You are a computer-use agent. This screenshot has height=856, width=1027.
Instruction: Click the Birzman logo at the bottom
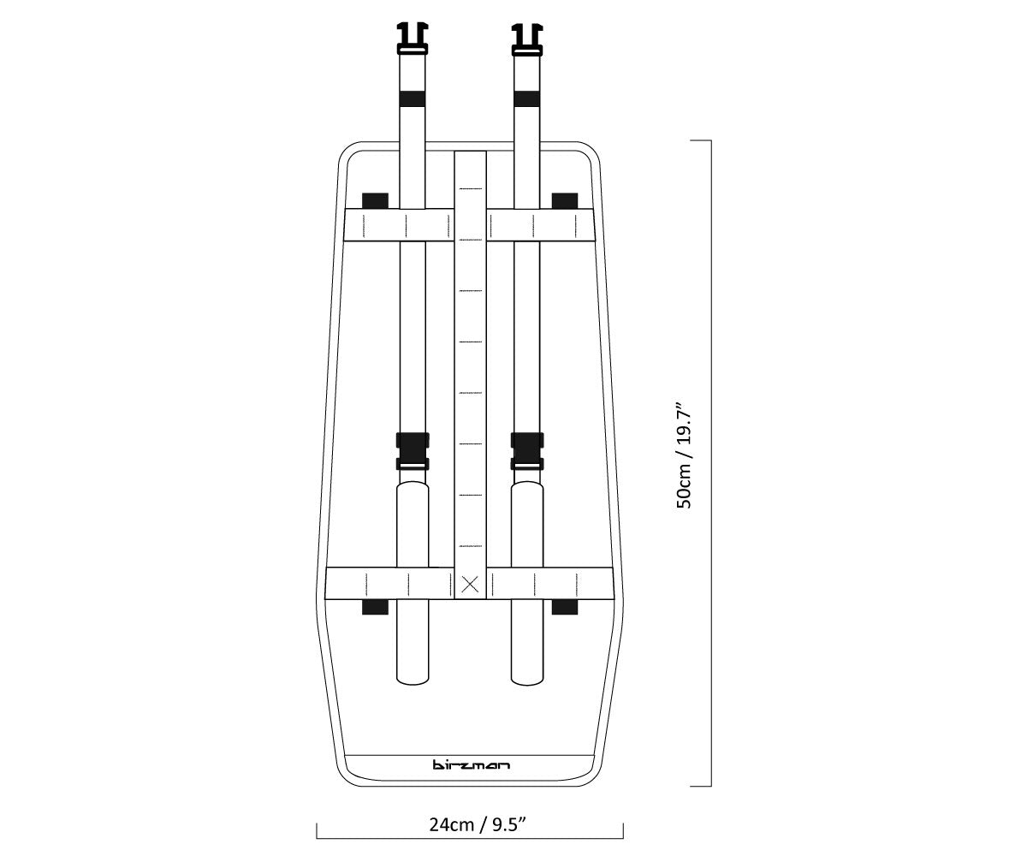(x=471, y=765)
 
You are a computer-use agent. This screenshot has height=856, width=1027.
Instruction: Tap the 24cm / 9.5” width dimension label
(x=478, y=824)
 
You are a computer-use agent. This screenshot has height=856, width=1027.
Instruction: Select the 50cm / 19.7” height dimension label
(x=685, y=456)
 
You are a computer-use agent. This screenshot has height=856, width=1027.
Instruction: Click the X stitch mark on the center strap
(x=470, y=585)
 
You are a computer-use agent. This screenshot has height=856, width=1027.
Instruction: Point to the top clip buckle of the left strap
(x=413, y=39)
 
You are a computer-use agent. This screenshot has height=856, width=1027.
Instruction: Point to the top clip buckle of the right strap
(x=527, y=39)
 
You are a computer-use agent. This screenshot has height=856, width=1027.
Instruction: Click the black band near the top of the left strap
(x=413, y=99)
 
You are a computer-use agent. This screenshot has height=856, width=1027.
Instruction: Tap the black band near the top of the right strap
(x=527, y=99)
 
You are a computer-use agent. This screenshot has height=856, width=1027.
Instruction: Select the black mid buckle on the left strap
(x=413, y=451)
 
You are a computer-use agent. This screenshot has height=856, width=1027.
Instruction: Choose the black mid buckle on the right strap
(x=527, y=451)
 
